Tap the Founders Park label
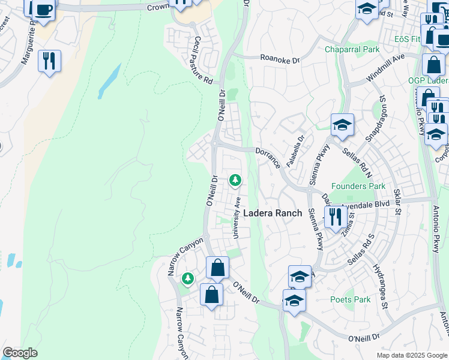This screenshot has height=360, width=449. [358, 187]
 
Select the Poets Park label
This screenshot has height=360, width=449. [351, 299]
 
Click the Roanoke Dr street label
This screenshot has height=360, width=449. [279, 59]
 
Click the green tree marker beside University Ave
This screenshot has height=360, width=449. [235, 179]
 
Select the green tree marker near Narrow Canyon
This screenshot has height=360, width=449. [188, 278]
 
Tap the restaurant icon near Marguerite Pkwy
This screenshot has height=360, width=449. [49, 61]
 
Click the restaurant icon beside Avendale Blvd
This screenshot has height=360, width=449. [334, 216]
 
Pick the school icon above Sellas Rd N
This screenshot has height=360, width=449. [342, 125]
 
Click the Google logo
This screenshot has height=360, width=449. [20, 353]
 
